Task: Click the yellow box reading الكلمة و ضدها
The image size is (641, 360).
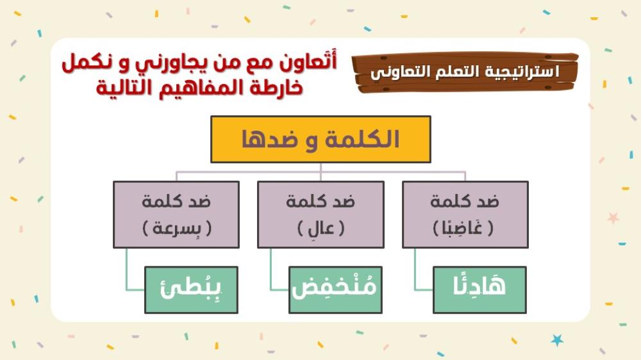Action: coord(320,140)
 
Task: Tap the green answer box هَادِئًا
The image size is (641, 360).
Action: coord(479,290)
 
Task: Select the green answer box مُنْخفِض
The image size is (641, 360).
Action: coord(335,290)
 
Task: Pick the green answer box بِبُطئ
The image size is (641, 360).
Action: coord(191,290)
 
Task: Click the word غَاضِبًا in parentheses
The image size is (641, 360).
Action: coord(463,227)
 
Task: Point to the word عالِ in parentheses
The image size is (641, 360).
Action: coord(321,228)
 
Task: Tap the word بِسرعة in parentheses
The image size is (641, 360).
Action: coord(177,228)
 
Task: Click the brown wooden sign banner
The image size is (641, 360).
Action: coord(465,72)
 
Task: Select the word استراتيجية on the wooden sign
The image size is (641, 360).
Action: coord(522,72)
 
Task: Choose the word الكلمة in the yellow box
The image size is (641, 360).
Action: coord(362,140)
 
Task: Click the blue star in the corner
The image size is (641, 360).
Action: coord(557,340)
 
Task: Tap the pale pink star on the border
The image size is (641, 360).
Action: coord(613,218)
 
